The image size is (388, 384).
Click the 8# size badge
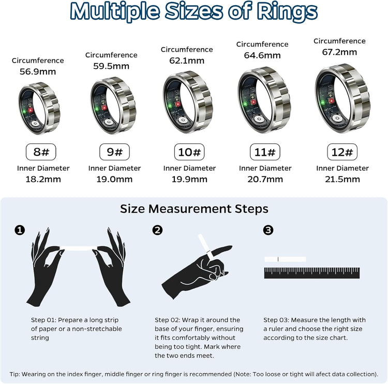point(41,152)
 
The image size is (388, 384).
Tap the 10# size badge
point(189,152)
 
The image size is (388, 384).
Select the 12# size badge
point(342,152)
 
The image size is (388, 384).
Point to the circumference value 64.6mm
point(262,55)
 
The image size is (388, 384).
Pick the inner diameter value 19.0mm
point(114,180)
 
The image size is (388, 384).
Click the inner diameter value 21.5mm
point(342,180)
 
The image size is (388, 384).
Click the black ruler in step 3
point(311,273)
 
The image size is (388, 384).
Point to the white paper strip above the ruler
point(285,259)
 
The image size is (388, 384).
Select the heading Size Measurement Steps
point(194,209)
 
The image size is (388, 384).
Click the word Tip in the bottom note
point(16,374)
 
